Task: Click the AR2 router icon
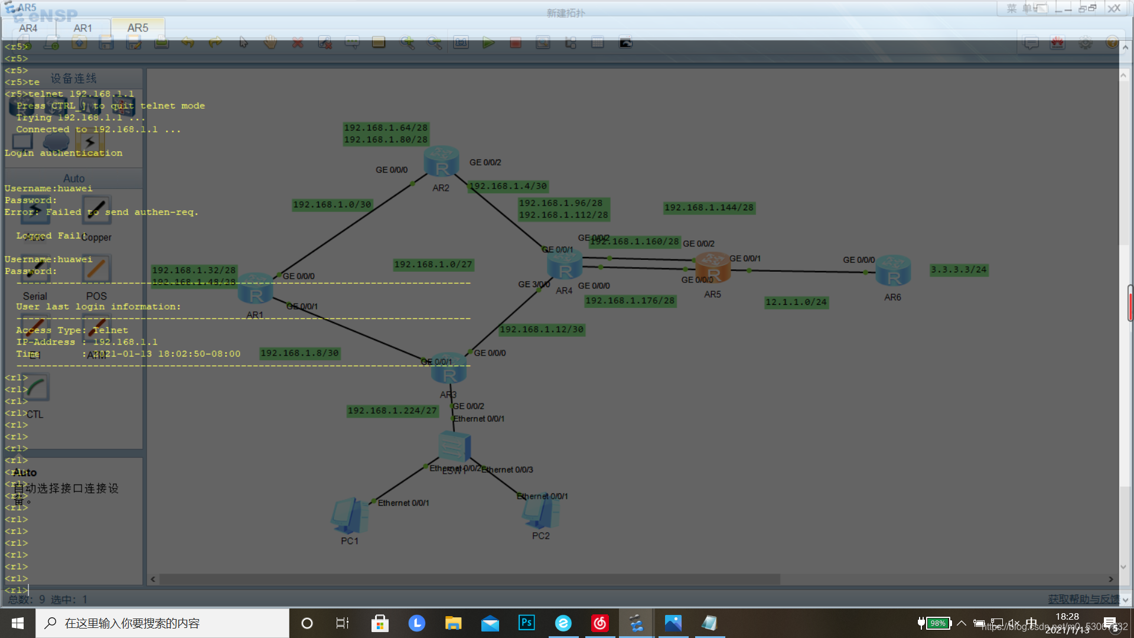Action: (x=441, y=161)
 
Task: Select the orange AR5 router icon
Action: (x=713, y=268)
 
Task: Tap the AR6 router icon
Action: (x=893, y=271)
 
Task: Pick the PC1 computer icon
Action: (x=350, y=515)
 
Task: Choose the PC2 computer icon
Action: (x=540, y=512)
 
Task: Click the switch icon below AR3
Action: (x=454, y=447)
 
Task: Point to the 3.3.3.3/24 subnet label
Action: (x=959, y=270)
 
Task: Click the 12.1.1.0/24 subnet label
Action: (x=796, y=302)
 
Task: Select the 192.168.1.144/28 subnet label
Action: (x=709, y=208)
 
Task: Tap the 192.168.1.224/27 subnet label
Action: (x=392, y=411)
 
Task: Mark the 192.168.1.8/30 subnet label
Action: (x=299, y=353)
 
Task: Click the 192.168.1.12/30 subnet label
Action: (x=542, y=330)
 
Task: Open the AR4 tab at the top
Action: (x=28, y=28)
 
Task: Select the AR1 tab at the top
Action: (x=83, y=28)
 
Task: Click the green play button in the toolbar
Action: (x=488, y=43)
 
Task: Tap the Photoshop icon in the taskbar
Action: (x=526, y=623)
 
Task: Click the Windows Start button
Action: (x=18, y=623)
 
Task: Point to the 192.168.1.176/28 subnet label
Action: (x=630, y=301)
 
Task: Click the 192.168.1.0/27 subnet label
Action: (x=434, y=265)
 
